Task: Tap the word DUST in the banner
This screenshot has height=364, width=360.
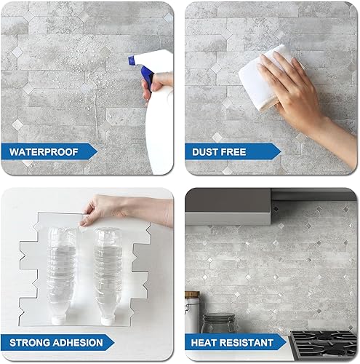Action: pyautogui.click(x=207, y=152)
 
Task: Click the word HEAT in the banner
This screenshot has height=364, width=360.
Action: pyautogui.click(x=207, y=341)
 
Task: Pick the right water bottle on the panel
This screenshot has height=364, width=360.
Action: pyautogui.click(x=108, y=277)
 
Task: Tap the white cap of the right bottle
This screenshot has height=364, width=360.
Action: pyautogui.click(x=108, y=318)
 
